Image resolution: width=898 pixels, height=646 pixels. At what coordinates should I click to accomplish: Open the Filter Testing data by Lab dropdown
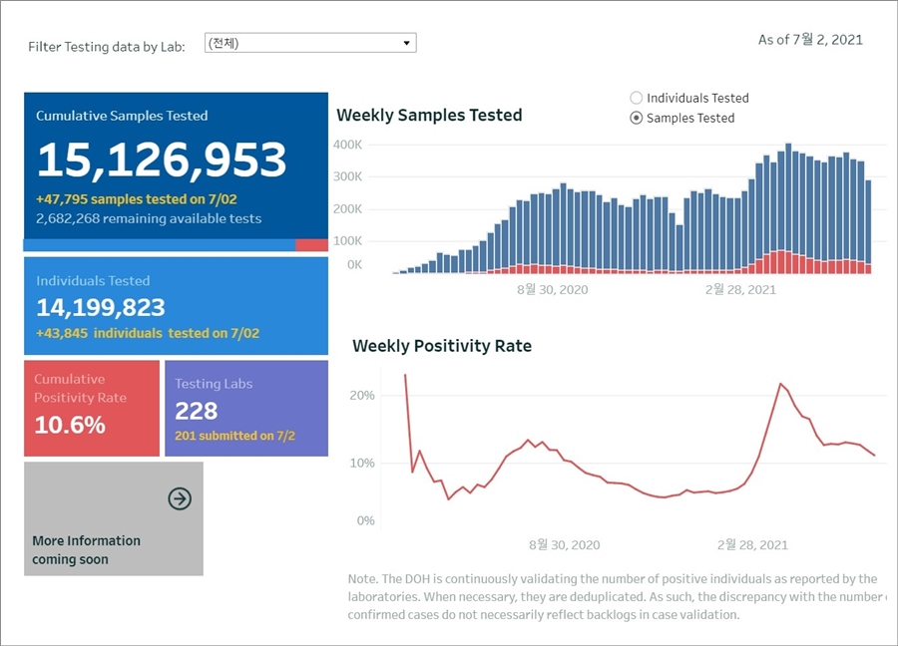pos(309,43)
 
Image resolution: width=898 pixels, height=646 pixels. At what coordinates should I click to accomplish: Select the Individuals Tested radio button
pos(637,98)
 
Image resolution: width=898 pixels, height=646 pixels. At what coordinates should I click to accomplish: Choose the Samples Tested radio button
pos(637,118)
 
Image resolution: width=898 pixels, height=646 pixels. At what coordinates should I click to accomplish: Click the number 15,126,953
pos(162,160)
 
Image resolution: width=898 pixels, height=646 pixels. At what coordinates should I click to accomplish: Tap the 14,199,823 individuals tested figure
pos(101,307)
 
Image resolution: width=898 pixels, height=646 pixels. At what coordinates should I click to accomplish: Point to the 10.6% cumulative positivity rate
pos(70,425)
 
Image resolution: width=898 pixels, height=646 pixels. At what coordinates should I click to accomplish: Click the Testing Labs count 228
pos(197,411)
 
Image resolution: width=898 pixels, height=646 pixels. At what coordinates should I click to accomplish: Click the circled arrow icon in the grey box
pos(180,498)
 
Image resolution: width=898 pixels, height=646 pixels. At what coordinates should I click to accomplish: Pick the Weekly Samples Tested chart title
pos(429,116)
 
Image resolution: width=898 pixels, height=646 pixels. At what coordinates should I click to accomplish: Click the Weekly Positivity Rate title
pos(442,346)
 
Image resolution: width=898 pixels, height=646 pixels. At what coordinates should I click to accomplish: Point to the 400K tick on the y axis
pos(347,145)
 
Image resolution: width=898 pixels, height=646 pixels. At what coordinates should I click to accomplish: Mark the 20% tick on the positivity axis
pos(362,396)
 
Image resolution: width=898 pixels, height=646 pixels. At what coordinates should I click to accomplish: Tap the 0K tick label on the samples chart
pos(354,265)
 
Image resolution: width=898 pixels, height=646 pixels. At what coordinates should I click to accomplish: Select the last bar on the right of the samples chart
pos(868,224)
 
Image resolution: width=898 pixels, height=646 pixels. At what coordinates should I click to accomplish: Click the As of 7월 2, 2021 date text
pos(810,40)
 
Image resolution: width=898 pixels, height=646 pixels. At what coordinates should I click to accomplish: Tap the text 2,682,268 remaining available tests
pos(149,218)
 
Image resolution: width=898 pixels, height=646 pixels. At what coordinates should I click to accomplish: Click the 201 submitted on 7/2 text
pos(234,436)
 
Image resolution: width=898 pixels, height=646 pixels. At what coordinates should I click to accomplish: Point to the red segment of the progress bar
pos(311,245)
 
